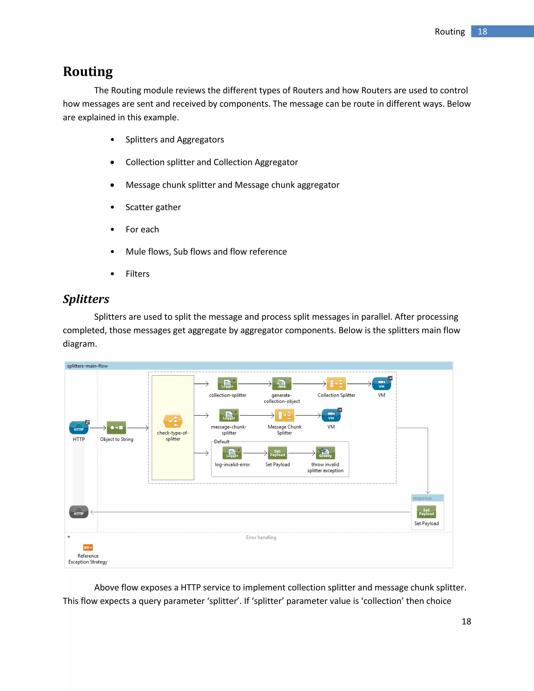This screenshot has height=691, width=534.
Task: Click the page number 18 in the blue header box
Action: pyautogui.click(x=482, y=32)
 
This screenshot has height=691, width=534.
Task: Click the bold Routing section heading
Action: pyautogui.click(x=88, y=71)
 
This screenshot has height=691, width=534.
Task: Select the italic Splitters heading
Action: pyautogui.click(x=86, y=299)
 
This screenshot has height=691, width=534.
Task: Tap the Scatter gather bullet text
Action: pyautogui.click(x=153, y=207)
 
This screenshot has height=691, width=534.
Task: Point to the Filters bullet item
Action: pyautogui.click(x=137, y=274)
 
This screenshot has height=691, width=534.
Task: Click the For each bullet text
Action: pyautogui.click(x=142, y=229)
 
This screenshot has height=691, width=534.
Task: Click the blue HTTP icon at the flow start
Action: pyautogui.click(x=78, y=428)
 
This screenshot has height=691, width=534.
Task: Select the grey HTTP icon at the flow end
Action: pyautogui.click(x=78, y=512)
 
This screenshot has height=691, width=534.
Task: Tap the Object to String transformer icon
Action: pyautogui.click(x=116, y=428)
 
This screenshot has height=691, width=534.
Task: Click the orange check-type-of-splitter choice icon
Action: pyautogui.click(x=173, y=421)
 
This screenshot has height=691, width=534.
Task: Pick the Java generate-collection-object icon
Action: pyautogui.click(x=282, y=384)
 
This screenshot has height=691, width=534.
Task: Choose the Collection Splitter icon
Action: pyautogui.click(x=336, y=384)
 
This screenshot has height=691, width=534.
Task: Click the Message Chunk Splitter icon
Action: pyautogui.click(x=284, y=415)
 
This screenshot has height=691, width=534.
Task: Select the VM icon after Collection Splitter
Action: pyautogui.click(x=381, y=384)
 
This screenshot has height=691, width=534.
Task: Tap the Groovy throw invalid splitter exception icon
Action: pyautogui.click(x=325, y=453)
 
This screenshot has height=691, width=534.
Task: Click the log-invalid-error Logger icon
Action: pyautogui.click(x=232, y=453)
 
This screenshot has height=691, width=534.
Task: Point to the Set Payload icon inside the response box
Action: pyautogui.click(x=426, y=512)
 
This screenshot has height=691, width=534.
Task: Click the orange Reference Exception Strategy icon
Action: pyautogui.click(x=88, y=547)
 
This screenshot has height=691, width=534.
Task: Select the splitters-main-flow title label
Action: pyautogui.click(x=87, y=366)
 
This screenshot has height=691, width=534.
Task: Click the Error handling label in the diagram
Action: pyautogui.click(x=261, y=538)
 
